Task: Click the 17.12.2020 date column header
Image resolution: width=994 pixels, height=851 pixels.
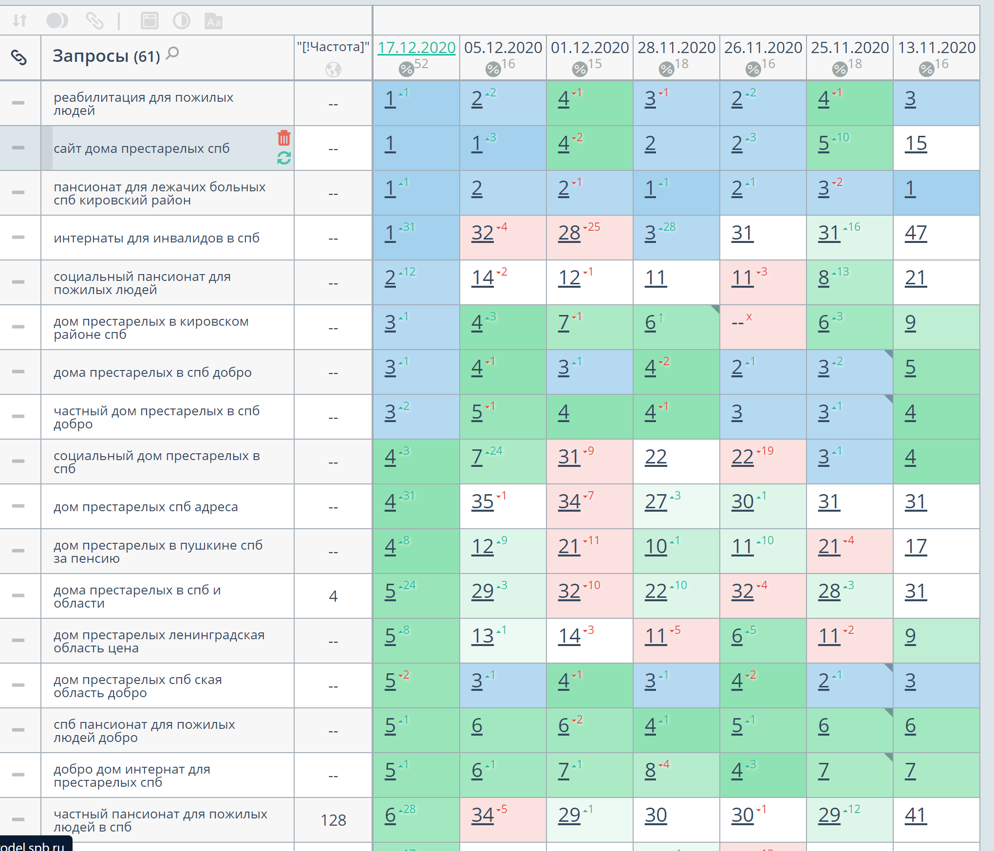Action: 416,48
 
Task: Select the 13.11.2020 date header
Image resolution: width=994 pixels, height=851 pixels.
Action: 937,48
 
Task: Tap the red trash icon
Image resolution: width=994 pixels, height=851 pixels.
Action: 284,138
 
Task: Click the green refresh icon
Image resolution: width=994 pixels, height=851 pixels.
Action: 284,158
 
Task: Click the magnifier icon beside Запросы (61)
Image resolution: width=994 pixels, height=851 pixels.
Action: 172,54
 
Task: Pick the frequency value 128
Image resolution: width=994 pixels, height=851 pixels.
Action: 333,820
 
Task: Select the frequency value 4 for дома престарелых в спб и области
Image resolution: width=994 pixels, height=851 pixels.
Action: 333,596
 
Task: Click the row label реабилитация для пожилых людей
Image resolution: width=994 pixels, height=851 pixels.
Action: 143,104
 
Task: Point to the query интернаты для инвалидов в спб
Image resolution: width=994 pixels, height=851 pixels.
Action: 156,238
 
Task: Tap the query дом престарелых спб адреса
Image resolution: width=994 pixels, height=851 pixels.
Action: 146,507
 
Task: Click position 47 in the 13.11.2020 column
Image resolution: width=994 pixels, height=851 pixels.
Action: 916,233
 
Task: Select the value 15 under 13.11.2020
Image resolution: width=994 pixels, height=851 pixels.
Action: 916,144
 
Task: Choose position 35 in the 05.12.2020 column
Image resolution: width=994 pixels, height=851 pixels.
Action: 482,502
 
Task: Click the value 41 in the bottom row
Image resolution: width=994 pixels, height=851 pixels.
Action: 916,815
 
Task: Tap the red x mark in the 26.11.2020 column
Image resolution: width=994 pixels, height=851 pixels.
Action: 749,317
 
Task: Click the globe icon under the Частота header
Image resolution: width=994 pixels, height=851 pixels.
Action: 333,70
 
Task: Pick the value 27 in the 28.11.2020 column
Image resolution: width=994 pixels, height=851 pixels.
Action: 656,502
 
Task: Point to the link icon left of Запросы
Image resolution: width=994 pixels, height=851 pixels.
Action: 19,57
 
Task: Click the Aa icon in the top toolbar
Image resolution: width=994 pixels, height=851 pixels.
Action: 213,21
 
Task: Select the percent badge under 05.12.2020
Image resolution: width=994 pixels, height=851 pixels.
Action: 493,69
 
